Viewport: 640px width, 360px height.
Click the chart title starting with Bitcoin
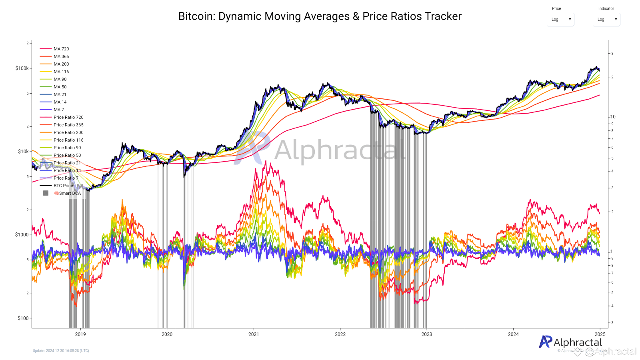pyautogui.click(x=320, y=16)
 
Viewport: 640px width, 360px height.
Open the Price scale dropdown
pyautogui.click(x=560, y=19)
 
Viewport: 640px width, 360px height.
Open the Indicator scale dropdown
pyautogui.click(x=606, y=19)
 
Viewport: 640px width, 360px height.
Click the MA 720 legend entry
pyautogui.click(x=61, y=49)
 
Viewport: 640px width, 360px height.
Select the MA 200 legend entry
pyautogui.click(x=61, y=64)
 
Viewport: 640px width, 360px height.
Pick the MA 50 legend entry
pyautogui.click(x=60, y=87)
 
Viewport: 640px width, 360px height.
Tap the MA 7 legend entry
pyautogui.click(x=59, y=110)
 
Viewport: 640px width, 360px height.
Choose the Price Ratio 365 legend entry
pyautogui.click(x=68, y=125)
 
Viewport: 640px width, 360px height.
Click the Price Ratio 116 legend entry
pyautogui.click(x=68, y=140)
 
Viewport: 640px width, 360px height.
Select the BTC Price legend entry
pyautogui.click(x=63, y=186)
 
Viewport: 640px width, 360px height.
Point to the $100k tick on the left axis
pyautogui.click(x=22, y=68)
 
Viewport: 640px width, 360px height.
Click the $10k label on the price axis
pyautogui.click(x=23, y=152)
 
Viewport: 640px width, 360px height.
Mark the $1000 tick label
pyautogui.click(x=22, y=235)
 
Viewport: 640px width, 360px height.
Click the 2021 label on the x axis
pyautogui.click(x=254, y=334)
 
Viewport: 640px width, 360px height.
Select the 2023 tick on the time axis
pyautogui.click(x=427, y=334)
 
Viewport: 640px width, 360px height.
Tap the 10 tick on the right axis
pyautogui.click(x=613, y=117)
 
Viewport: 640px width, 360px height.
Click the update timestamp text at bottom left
pyautogui.click(x=61, y=351)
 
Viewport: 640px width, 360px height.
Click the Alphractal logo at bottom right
pyautogui.click(x=570, y=342)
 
